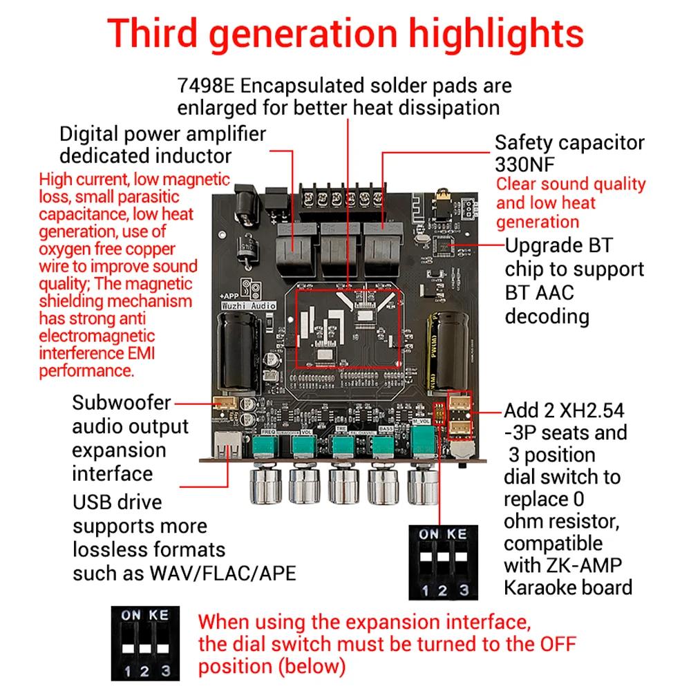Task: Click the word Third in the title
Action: tap(153, 33)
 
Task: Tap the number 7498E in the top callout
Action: tap(206, 86)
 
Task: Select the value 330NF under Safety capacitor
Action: tap(524, 165)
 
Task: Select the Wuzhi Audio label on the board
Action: tap(249, 305)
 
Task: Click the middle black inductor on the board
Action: tap(339, 249)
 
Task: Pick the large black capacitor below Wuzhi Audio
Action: tap(238, 352)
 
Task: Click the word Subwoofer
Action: tap(121, 403)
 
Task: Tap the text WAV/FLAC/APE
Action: tap(223, 574)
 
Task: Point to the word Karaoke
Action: tap(535, 587)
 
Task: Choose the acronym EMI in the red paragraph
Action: tap(141, 353)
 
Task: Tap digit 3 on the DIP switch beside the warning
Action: tap(166, 671)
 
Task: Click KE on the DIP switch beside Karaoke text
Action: tap(457, 534)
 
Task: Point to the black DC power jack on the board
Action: tap(245, 206)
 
